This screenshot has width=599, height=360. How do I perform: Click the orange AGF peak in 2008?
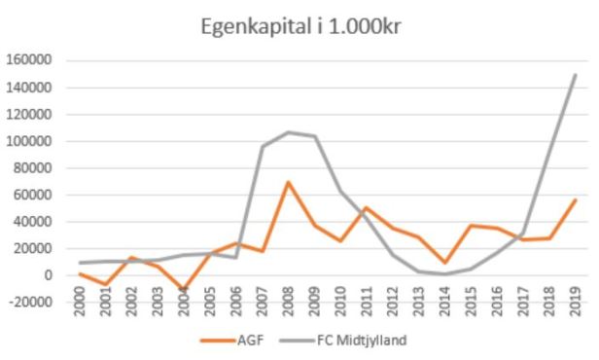(x=288, y=182)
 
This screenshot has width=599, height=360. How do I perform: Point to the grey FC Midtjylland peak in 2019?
(x=574, y=75)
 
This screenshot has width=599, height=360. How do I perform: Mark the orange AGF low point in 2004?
(x=185, y=290)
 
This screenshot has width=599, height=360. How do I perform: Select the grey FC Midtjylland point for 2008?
(x=288, y=132)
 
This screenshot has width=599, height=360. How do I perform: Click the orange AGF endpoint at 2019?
(x=574, y=199)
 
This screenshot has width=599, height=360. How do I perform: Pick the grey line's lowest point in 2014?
(x=444, y=273)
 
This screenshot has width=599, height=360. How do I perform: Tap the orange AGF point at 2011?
(x=367, y=207)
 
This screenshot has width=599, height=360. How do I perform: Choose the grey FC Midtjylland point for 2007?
(x=263, y=147)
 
